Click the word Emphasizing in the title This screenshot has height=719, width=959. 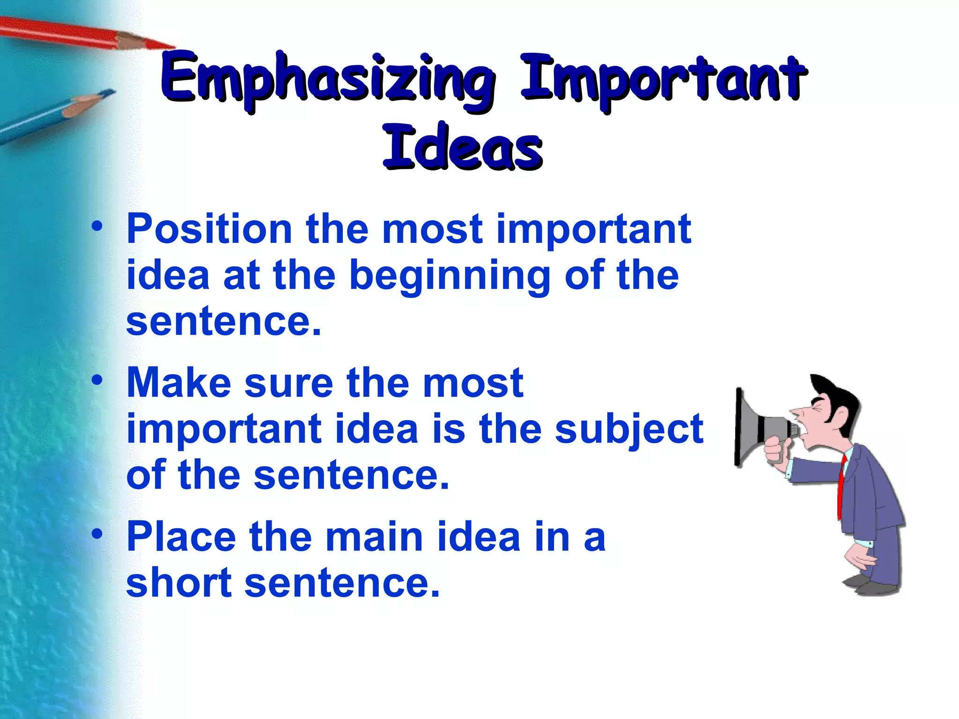tap(328, 80)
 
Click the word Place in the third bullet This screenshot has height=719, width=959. tap(181, 536)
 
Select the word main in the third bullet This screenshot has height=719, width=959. tap(374, 536)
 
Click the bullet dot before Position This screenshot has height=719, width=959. tap(97, 226)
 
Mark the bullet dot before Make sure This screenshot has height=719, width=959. tap(97, 380)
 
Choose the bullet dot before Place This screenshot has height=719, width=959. tap(97, 533)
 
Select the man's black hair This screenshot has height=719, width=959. tap(838, 398)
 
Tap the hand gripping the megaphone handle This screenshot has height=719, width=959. tap(777, 452)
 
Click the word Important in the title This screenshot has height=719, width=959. tap(663, 80)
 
